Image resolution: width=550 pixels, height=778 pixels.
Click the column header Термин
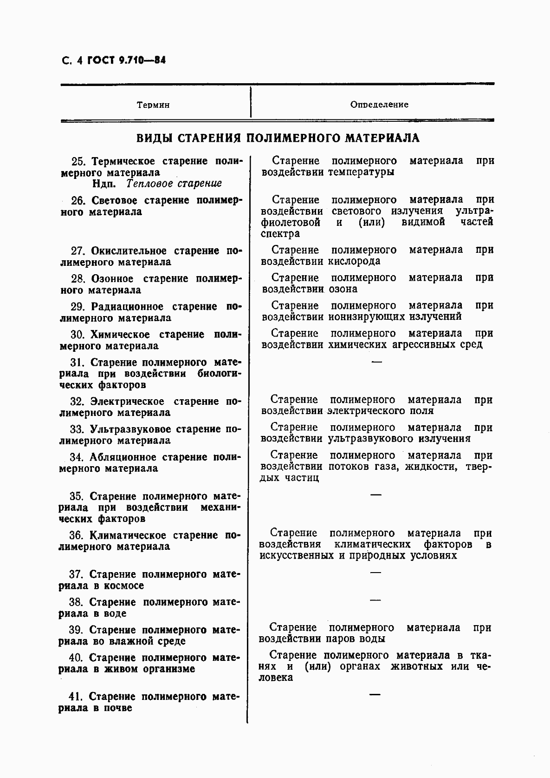tap(153, 105)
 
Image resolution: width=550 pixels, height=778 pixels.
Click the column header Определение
tap(379, 105)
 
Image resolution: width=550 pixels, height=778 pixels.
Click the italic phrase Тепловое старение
tap(175, 184)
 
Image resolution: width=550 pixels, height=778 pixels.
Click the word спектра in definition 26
tap(280, 233)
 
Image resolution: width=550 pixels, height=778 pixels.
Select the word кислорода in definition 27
tap(354, 261)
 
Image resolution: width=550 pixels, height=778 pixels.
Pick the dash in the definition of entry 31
tap(377, 361)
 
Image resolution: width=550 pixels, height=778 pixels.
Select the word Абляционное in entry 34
tap(122, 457)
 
